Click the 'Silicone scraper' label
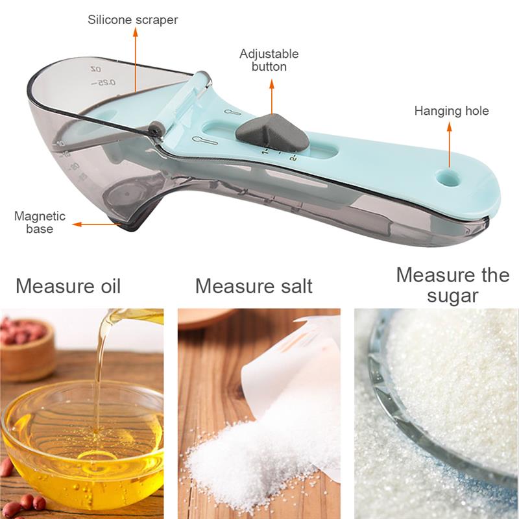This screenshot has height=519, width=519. (x=132, y=20)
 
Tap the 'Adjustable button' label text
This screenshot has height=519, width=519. (x=269, y=60)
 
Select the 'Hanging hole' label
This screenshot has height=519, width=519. (x=452, y=111)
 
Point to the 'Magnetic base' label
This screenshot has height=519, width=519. (x=40, y=222)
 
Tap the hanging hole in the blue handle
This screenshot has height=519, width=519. (x=446, y=176)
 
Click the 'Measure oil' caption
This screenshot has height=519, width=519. (x=68, y=285)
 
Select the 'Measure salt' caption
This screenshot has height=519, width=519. (x=254, y=285)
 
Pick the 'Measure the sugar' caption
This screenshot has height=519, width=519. (x=453, y=285)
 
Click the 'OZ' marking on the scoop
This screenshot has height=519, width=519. (x=96, y=68)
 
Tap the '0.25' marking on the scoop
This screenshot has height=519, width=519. (x=104, y=82)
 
